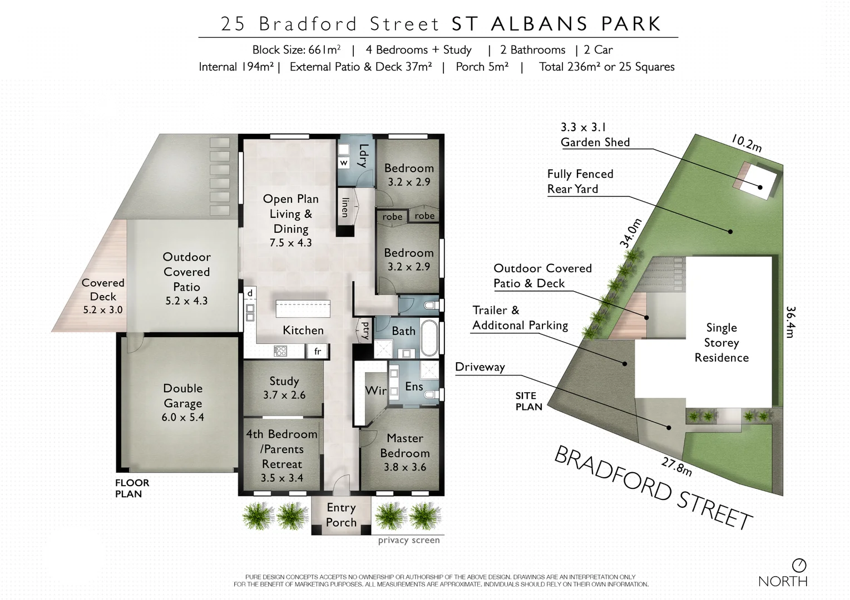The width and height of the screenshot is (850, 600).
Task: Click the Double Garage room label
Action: pos(182,403)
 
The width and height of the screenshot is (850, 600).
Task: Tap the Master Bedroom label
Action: pos(404,453)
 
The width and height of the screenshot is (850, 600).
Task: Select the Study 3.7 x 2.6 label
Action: pos(284,388)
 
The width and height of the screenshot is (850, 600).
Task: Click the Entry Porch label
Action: pos(341,515)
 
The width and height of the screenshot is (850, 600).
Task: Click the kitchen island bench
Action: pos(303,309)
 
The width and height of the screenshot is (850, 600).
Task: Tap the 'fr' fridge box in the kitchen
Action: pos(318,352)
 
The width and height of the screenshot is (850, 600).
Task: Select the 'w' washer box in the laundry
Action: pos(344,163)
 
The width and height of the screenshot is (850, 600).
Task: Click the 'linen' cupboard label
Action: pos(345,207)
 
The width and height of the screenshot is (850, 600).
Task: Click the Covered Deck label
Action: pos(103,296)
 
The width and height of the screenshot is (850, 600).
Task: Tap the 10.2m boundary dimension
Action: pos(745,143)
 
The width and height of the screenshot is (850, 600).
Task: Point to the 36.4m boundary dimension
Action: pos(790,322)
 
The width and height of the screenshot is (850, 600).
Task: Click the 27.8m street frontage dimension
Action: pos(676,466)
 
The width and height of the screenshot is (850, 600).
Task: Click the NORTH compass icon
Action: pos(799,566)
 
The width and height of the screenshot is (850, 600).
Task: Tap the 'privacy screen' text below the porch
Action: pos(409,541)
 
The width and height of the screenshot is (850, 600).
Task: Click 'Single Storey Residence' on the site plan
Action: pos(721,343)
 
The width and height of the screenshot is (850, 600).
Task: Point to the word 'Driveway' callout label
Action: pos(480,367)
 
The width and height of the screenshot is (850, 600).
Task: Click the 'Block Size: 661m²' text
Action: pos(296,50)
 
